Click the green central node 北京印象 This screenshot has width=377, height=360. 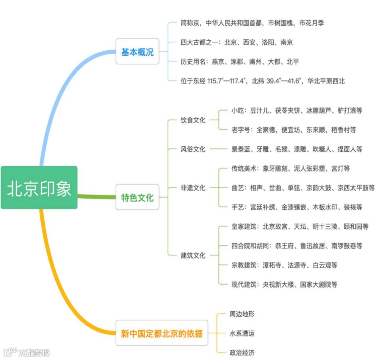[x=39, y=188]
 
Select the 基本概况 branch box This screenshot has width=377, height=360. [x=137, y=52]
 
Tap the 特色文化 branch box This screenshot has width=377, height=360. [x=137, y=198]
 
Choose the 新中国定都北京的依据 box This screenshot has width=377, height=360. [x=162, y=333]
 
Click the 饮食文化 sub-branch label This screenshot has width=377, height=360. [x=193, y=120]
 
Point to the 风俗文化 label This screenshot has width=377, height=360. [x=193, y=149]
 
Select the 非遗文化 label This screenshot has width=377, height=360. [x=193, y=188]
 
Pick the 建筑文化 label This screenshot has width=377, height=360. [x=193, y=255]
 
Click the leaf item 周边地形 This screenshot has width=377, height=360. [x=242, y=314]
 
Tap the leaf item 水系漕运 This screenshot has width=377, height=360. [x=242, y=333]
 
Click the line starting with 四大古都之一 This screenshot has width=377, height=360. [x=237, y=43]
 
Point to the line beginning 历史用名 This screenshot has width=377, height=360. [x=240, y=61]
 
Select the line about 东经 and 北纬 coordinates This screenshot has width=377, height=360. [x=262, y=80]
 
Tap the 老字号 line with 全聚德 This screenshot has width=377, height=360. [x=293, y=130]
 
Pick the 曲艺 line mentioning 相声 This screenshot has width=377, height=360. [x=303, y=188]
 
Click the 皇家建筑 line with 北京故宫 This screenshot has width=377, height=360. [x=299, y=227]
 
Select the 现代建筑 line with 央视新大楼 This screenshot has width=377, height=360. [x=284, y=284]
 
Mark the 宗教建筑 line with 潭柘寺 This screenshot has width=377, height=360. [x=284, y=265]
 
